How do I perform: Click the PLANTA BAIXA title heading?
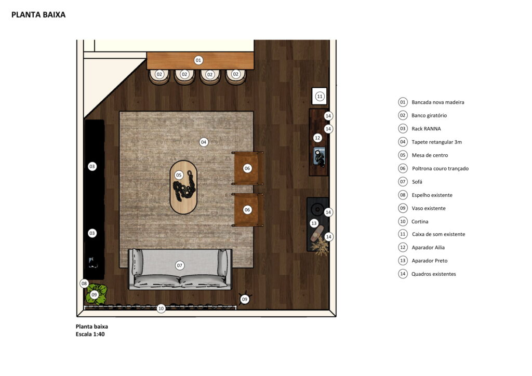(38, 15)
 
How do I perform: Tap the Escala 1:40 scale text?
(90, 334)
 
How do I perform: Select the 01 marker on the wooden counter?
(198, 60)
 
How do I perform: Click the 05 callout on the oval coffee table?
(179, 176)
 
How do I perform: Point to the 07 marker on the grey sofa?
(179, 265)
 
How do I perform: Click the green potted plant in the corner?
(96, 294)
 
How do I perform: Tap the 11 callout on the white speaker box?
(320, 97)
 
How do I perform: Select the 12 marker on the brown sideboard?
(317, 138)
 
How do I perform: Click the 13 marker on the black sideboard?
(314, 223)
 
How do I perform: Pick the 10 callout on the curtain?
(161, 308)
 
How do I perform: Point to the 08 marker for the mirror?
(84, 284)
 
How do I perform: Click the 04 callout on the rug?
(204, 142)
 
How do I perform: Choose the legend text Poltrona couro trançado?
(440, 168)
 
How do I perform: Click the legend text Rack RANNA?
(426, 129)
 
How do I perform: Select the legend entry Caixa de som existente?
(438, 234)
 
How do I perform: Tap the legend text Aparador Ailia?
(428, 248)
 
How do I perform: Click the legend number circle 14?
(403, 274)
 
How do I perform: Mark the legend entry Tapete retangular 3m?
(436, 142)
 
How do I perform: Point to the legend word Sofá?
(417, 182)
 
